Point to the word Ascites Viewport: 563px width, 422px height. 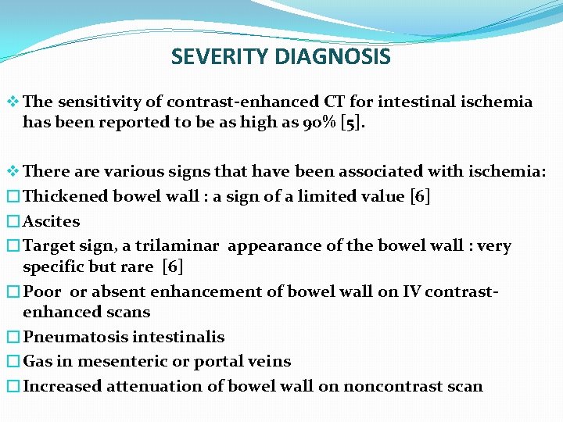coord(52,221)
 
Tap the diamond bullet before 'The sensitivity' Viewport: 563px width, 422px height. coord(13,102)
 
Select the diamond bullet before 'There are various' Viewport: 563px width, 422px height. coord(13,172)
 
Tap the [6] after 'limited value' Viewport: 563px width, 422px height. coord(420,196)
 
